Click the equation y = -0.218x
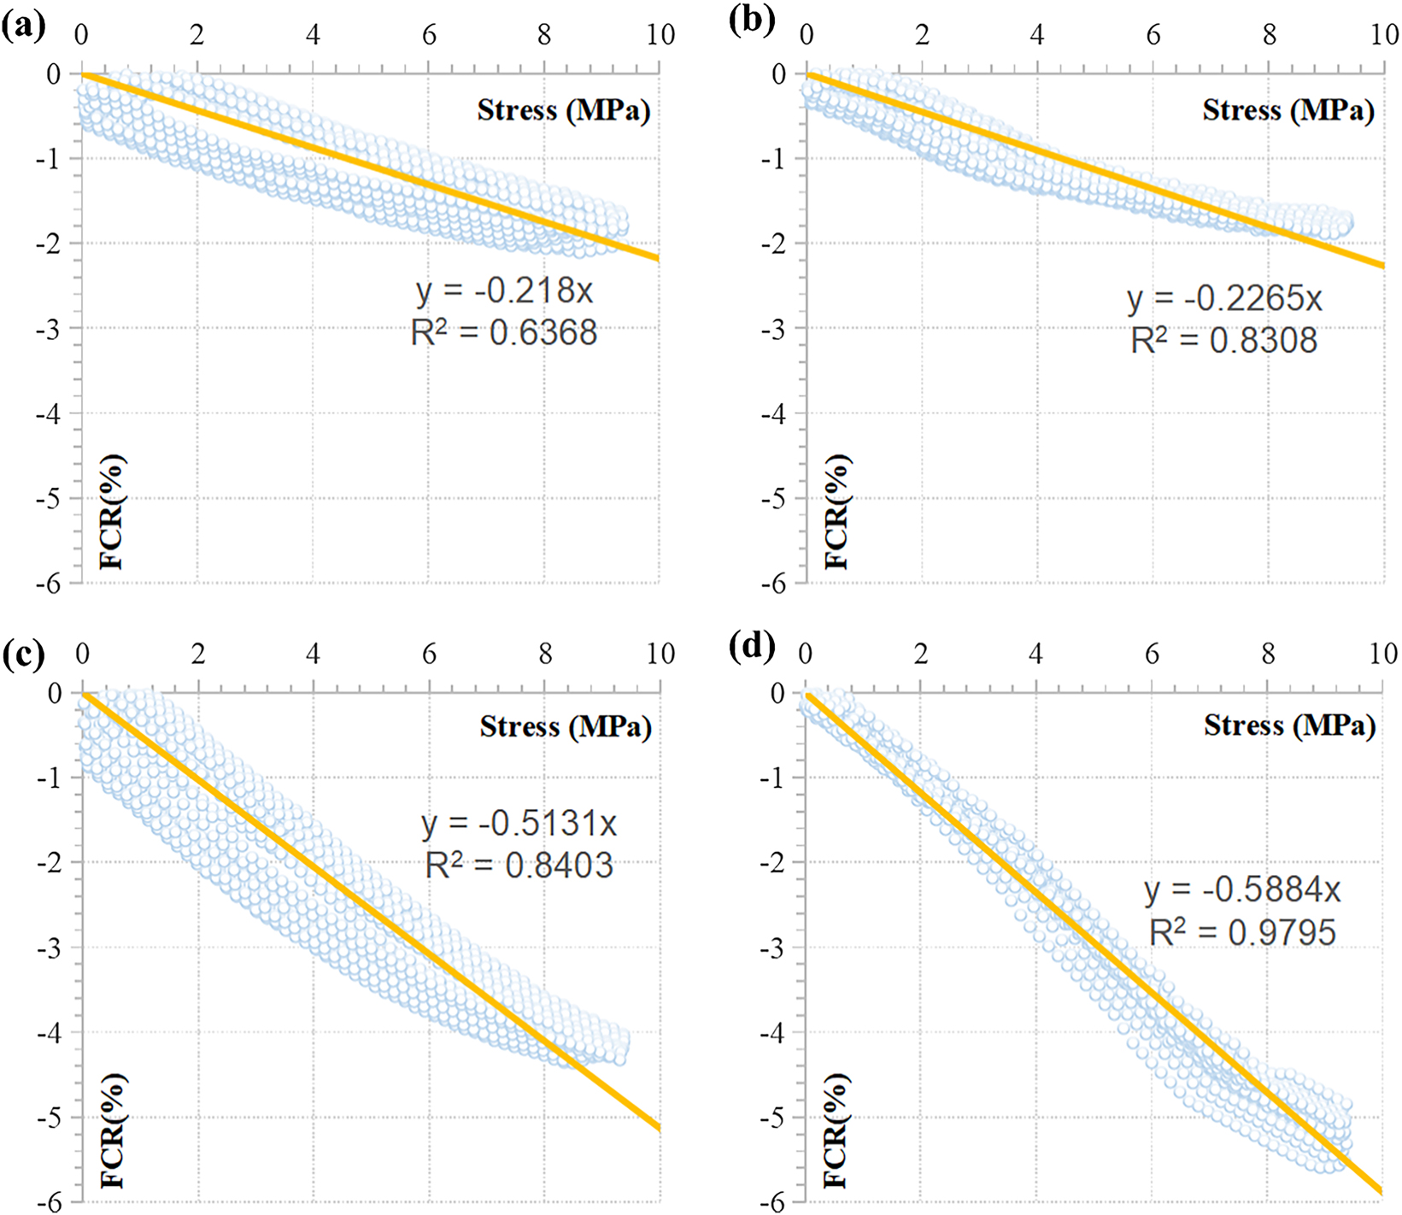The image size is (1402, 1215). pyautogui.click(x=504, y=291)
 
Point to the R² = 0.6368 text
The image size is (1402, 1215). pyautogui.click(x=504, y=332)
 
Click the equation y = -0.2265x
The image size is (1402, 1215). pyautogui.click(x=1224, y=299)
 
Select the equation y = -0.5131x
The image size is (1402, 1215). pyautogui.click(x=519, y=824)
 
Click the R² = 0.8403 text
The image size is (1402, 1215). pyautogui.click(x=519, y=865)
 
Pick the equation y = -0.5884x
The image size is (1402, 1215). pyautogui.click(x=1242, y=890)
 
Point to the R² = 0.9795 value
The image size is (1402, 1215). pyautogui.click(x=1242, y=931)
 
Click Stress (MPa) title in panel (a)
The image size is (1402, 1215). pyautogui.click(x=563, y=110)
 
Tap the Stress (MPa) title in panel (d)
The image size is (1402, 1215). pyautogui.click(x=1289, y=725)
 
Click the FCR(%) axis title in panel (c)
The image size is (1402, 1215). pyautogui.click(x=112, y=1131)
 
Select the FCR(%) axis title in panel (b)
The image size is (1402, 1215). pyautogui.click(x=836, y=512)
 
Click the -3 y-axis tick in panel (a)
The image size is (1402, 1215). pyautogui.click(x=53, y=328)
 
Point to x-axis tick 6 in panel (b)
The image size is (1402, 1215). pyautogui.click(x=1153, y=35)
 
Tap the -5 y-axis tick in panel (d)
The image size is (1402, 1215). pyautogui.click(x=777, y=1118)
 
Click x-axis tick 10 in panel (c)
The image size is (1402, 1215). pyautogui.click(x=660, y=654)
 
